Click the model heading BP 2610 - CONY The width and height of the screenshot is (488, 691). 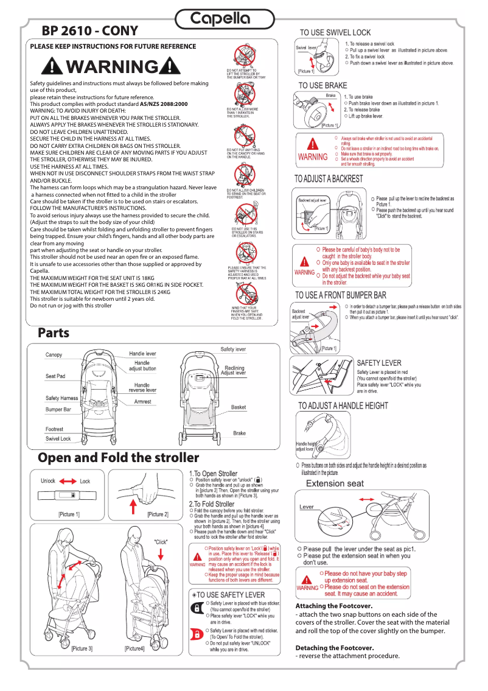click(89, 31)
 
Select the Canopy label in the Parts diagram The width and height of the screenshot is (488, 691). click(54, 355)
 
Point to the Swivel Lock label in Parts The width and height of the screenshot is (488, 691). click(58, 438)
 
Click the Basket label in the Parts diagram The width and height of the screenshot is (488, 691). click(239, 407)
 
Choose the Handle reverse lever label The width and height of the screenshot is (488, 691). click(142, 387)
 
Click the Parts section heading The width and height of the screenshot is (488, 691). click(54, 333)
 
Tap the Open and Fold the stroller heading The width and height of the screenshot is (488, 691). click(118, 457)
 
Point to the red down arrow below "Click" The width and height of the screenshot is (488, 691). click(161, 553)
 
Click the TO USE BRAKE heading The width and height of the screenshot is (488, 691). click(322, 86)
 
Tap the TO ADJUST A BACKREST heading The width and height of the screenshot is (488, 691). click(329, 179)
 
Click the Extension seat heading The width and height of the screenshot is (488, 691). click(335, 484)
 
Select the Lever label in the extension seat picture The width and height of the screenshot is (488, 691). click(307, 507)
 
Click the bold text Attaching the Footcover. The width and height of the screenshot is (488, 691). click(333, 606)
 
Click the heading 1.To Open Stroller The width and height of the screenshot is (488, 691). click(213, 473)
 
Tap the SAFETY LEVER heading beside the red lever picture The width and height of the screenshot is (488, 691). click(379, 363)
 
